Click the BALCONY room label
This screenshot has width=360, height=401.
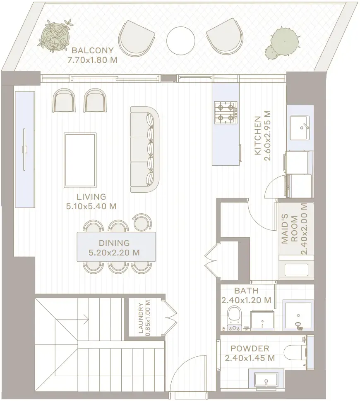92,50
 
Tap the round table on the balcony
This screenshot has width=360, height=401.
181,41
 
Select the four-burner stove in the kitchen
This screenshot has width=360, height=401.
226,113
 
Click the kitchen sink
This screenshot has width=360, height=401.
300,128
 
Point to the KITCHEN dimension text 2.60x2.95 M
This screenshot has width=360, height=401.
267,136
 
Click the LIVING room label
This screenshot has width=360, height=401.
91,197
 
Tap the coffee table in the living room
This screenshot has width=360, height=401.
80,160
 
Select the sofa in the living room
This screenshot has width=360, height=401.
145,149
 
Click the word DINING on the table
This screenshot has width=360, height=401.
114,243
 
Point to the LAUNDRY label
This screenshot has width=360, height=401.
141,318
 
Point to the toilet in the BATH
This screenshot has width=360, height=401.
233,317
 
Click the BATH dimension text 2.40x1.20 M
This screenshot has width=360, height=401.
246,300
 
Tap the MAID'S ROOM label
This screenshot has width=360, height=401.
290,229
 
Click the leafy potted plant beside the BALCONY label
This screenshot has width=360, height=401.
56,36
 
